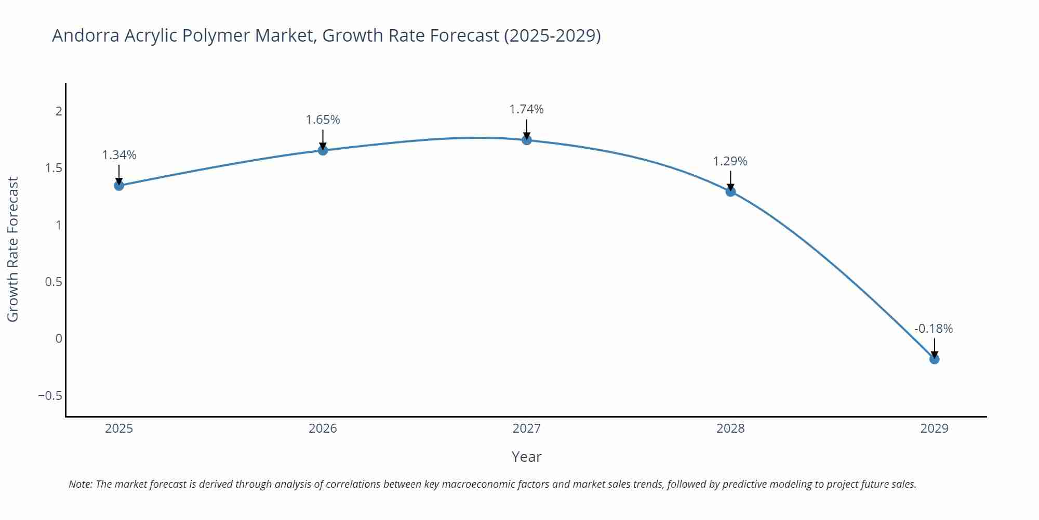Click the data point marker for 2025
[x=119, y=186]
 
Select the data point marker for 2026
[x=323, y=150]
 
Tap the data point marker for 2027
[x=527, y=140]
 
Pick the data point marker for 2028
[x=730, y=191]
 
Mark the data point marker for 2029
[x=934, y=359]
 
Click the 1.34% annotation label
[x=119, y=155]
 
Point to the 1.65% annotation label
[x=323, y=120]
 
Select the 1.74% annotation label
[x=526, y=109]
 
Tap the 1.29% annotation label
[x=730, y=161]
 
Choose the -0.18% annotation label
[x=934, y=329]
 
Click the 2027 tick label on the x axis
[x=526, y=428]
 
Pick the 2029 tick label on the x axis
[x=934, y=428]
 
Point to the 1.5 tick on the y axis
[x=54, y=168]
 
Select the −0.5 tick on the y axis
[x=50, y=396]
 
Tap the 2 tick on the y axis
[x=59, y=111]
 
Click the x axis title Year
[x=526, y=457]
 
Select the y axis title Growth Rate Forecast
[x=13, y=249]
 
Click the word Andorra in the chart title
[x=86, y=35]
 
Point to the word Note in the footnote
[x=80, y=484]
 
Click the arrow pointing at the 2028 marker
[x=730, y=180]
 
